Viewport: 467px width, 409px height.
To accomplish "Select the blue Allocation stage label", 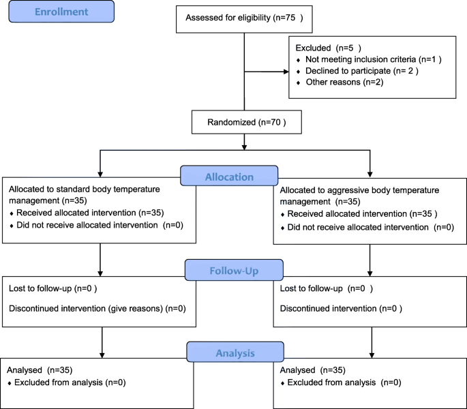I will coord(230,177).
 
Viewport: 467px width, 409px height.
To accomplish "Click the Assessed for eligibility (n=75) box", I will coord(243,19).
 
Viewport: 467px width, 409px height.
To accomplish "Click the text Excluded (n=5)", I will coord(325,48).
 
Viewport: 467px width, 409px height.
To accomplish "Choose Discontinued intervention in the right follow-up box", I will coord(324,308).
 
